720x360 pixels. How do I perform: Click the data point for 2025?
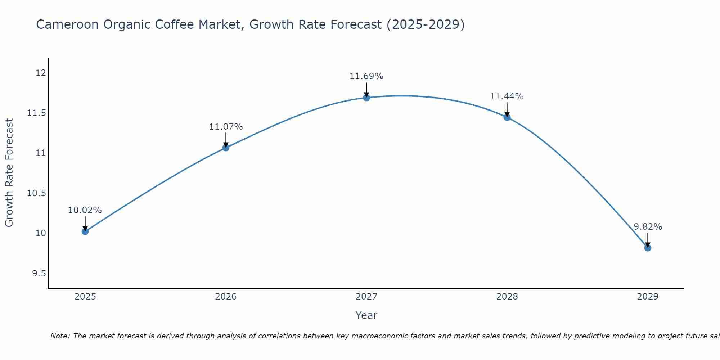(x=85, y=231)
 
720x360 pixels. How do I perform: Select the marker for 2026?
(x=226, y=147)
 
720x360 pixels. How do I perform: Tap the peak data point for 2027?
(x=366, y=98)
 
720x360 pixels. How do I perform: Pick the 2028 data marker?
(x=507, y=117)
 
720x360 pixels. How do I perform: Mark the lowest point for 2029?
(x=648, y=248)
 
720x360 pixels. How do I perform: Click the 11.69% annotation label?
(x=366, y=76)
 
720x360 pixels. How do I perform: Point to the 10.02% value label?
(x=85, y=210)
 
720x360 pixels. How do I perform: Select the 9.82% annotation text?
(x=648, y=227)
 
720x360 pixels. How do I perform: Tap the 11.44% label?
(x=507, y=96)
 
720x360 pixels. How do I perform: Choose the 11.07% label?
(x=226, y=127)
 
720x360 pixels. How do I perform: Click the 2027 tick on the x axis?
(x=366, y=297)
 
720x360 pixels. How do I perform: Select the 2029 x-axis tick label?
(x=648, y=297)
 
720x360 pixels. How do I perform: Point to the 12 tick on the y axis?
(x=41, y=73)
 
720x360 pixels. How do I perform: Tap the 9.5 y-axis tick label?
(x=39, y=274)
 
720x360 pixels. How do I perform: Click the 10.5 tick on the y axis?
(x=37, y=193)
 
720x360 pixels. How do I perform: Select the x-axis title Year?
(x=366, y=315)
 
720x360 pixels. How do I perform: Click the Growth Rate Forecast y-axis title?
(x=9, y=173)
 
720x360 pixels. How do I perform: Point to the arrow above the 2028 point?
(x=507, y=109)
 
